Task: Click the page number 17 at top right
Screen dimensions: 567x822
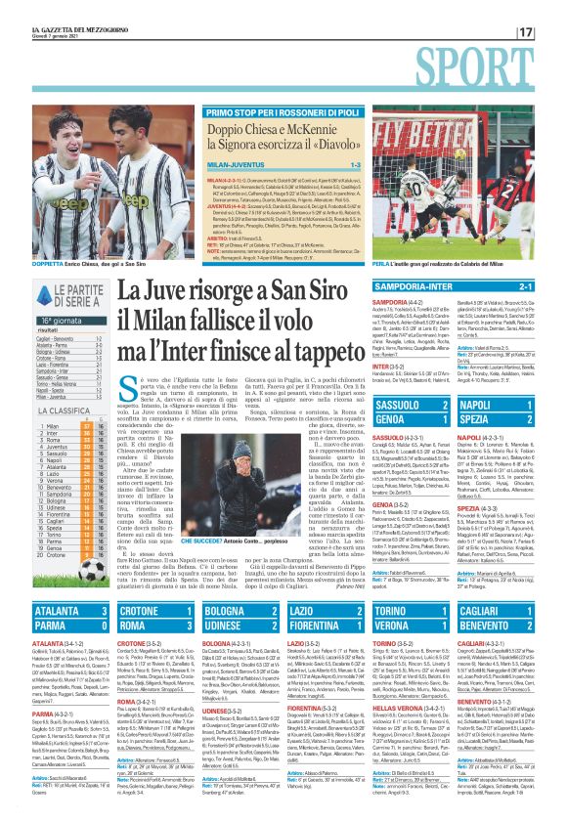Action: pyautogui.click(x=552, y=32)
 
